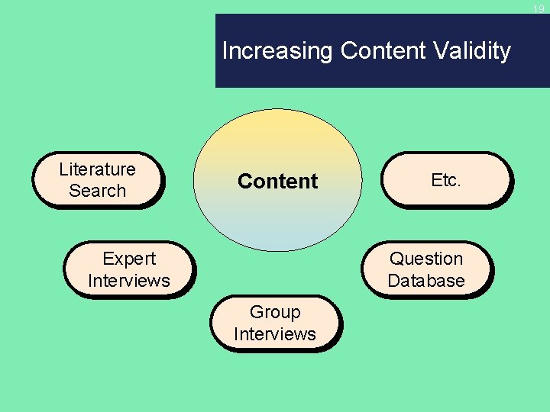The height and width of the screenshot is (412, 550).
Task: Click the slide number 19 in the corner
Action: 539,8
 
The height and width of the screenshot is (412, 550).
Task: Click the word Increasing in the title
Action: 278,51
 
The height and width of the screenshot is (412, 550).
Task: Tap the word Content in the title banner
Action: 383,51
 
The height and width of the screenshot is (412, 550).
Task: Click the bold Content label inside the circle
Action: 277,182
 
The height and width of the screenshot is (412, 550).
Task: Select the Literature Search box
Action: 98,180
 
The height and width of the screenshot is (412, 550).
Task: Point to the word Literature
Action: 97,169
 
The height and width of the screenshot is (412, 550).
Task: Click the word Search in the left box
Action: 97,191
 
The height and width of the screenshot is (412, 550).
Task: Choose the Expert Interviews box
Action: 129,270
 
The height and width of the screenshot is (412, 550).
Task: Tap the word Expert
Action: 129,259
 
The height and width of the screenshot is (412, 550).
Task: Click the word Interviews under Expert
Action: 129,281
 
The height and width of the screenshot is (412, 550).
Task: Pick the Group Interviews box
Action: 275,323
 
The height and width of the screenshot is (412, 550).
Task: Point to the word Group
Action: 275,313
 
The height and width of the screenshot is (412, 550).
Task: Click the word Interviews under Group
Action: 275,334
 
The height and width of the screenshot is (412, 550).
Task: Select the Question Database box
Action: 426,270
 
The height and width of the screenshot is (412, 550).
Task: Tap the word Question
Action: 426,259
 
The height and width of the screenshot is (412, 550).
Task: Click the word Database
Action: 426,281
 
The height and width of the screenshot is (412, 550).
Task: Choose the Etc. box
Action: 445,180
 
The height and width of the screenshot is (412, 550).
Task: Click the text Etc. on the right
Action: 445,180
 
